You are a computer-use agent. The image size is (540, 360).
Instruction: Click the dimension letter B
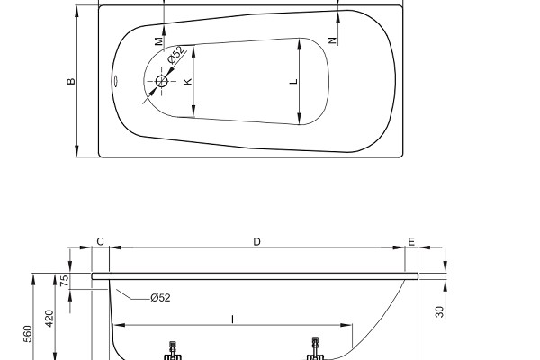70,82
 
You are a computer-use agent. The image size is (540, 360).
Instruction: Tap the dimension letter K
188,82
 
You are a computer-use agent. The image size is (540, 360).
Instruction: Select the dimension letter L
293,82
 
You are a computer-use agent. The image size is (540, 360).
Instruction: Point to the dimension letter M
158,41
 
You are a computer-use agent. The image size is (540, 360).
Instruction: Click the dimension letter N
332,40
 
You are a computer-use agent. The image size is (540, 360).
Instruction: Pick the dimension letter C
100,241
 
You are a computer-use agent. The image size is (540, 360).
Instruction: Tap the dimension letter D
256,241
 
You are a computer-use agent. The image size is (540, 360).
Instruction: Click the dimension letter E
411,242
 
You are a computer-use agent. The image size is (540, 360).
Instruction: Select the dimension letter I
233,319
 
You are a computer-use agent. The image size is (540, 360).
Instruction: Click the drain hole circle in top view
161,82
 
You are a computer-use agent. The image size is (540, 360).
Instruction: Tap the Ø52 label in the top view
176,55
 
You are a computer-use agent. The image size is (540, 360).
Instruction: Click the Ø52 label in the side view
160,297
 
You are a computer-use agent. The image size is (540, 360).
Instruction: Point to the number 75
65,281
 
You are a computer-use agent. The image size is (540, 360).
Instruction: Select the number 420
49,319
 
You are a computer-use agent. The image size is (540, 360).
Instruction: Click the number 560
28,334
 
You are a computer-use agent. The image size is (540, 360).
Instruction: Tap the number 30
440,311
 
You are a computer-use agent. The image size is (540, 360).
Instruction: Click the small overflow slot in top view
116,82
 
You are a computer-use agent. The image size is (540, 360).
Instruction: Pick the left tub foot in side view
173,350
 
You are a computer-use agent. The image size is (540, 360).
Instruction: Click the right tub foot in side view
315,348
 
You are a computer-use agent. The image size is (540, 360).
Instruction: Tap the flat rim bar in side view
256,276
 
